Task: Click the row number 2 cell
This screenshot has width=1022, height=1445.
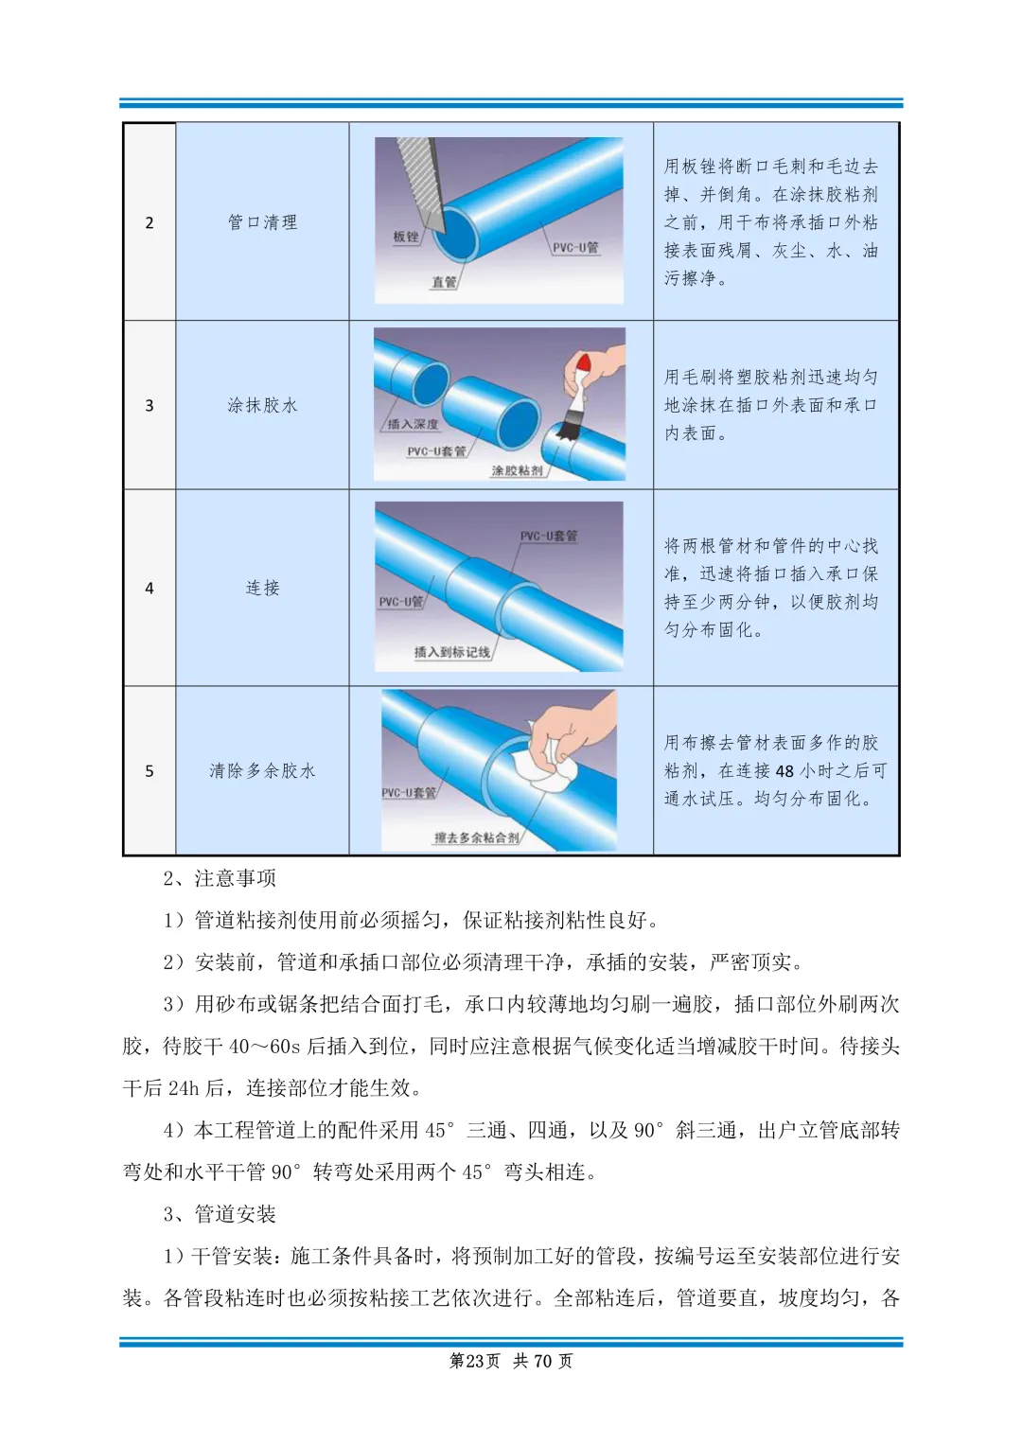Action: click(150, 222)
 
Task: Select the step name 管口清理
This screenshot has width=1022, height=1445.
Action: click(263, 222)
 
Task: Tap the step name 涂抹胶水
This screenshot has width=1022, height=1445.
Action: click(263, 405)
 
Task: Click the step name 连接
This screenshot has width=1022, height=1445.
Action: click(263, 588)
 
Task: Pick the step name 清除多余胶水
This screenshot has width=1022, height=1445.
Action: click(263, 770)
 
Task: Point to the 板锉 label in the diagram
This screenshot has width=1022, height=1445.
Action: click(406, 237)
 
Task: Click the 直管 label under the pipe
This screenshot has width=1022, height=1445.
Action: click(444, 282)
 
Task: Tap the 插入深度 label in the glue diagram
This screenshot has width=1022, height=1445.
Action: click(413, 424)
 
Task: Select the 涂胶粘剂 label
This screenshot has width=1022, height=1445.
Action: click(518, 470)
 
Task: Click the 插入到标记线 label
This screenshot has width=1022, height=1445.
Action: click(452, 652)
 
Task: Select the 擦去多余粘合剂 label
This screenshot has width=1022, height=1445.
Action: click(477, 837)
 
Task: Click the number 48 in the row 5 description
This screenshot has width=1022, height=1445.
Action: click(784, 771)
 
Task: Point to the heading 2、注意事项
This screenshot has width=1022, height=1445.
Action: click(220, 878)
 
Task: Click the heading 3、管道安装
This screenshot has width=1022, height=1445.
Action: click(220, 1213)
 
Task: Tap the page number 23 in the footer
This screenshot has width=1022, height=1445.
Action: click(474, 1361)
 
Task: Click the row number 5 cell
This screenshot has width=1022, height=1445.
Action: click(150, 771)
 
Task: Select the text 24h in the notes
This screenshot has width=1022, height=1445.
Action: click(184, 1088)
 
